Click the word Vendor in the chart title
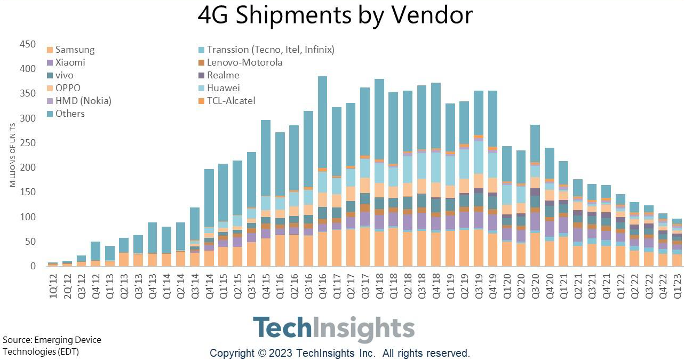431,15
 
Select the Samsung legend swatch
50,50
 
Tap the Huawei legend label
224,88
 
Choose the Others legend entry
70,114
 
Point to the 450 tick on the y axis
28,44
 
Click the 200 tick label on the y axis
28,167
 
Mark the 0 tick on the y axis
33,266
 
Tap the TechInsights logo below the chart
333,329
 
